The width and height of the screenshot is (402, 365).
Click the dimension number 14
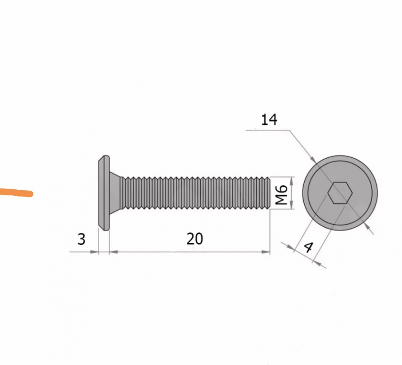(269, 120)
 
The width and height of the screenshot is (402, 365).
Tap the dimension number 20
(195, 239)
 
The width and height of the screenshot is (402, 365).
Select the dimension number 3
(81, 239)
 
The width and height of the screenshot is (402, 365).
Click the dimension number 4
(309, 247)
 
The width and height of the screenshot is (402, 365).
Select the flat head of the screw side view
(104, 193)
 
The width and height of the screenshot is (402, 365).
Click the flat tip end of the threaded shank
(269, 193)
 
